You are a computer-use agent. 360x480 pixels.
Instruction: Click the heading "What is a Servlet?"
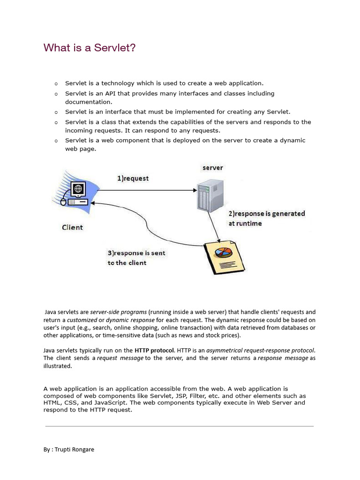pos(90,47)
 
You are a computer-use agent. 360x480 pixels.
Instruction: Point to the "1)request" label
pos(133,178)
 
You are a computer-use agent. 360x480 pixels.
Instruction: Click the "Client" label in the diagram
pos(72,227)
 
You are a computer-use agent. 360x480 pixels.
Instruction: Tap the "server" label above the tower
pos(212,168)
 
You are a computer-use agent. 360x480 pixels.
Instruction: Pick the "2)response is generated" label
pos(267,214)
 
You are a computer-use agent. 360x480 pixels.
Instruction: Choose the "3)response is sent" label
pos(136,253)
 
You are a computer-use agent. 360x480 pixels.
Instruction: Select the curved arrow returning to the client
pos(150,220)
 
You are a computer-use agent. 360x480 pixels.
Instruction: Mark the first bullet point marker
pos(56,83)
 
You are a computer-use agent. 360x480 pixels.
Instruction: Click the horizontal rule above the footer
pos(180,426)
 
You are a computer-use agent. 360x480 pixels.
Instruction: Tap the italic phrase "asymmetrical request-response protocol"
pos(261,350)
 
